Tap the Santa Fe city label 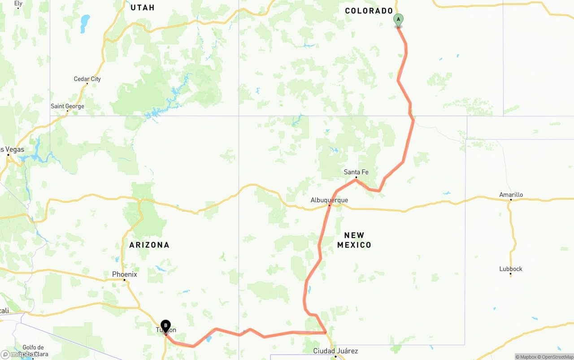[356, 172]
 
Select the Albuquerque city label [329, 200]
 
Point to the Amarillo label [511, 195]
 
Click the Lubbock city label [511, 269]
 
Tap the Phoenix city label [125, 274]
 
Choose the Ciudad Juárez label [335, 351]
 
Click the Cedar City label [87, 79]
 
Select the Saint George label [67, 106]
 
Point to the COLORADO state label [369, 11]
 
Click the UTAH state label [142, 8]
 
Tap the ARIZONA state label [149, 245]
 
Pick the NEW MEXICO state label [354, 240]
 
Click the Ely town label [18, 3]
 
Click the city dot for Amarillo [510, 200]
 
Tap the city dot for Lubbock [510, 274]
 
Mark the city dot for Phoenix [124, 280]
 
